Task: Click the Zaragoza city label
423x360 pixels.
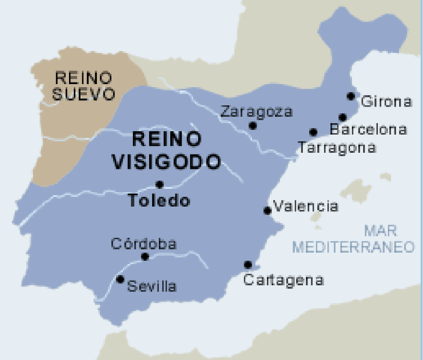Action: click(256, 112)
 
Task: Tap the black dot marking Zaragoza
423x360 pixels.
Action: click(253, 126)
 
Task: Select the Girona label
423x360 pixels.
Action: click(387, 101)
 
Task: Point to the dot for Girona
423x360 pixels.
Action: click(351, 96)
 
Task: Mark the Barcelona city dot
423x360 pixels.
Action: click(342, 117)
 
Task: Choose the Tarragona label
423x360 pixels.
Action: click(336, 148)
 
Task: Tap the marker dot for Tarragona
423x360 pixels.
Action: click(313, 133)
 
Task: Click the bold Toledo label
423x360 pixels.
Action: click(159, 201)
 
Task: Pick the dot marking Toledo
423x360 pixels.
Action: click(159, 184)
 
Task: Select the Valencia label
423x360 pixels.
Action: click(306, 206)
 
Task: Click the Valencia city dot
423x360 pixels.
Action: click(267, 211)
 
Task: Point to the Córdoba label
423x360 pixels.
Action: click(143, 244)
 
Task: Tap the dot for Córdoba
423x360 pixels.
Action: click(145, 256)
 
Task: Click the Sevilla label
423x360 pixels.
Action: click(152, 286)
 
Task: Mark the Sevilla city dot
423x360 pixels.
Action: click(120, 279)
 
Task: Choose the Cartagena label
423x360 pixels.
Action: click(283, 280)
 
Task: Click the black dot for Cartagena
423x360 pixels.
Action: click(247, 264)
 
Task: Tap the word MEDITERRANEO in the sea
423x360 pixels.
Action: click(354, 247)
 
